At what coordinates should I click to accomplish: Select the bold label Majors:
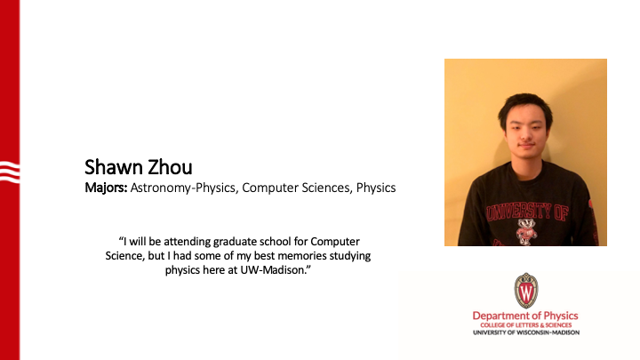coord(106,188)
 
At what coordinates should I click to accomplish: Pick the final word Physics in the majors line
coord(376,188)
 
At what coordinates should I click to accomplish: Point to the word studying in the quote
coord(350,256)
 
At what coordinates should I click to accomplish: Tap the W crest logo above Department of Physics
coord(526,290)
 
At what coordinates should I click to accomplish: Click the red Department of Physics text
coord(526,316)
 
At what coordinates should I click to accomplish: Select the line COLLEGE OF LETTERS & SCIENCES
coord(526,326)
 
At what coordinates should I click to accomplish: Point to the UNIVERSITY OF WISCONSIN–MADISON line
coord(526,333)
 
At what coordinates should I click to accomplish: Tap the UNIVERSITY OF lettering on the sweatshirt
coord(525,212)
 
